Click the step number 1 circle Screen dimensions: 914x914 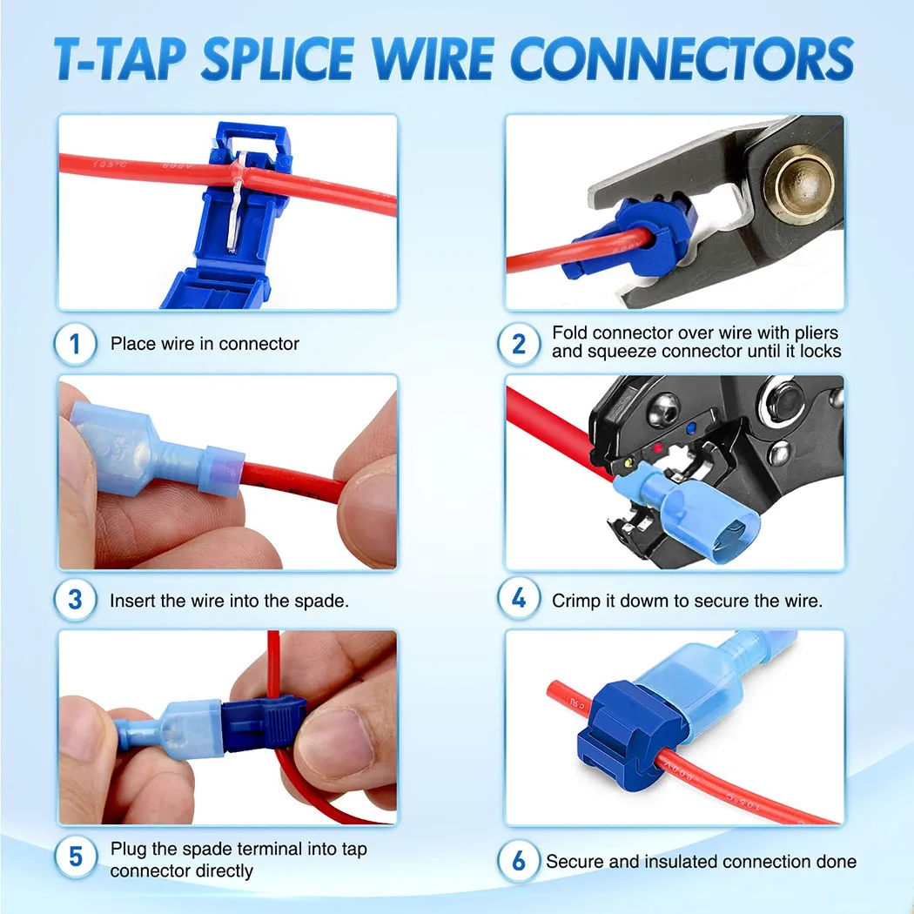[x=76, y=344]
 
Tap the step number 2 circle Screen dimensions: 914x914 [x=519, y=344]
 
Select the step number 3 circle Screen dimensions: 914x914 [x=76, y=600]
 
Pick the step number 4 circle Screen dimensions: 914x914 [x=519, y=599]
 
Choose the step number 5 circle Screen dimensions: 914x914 [x=76, y=857]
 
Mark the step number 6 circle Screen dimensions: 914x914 [x=519, y=861]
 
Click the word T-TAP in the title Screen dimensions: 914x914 [x=118, y=58]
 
